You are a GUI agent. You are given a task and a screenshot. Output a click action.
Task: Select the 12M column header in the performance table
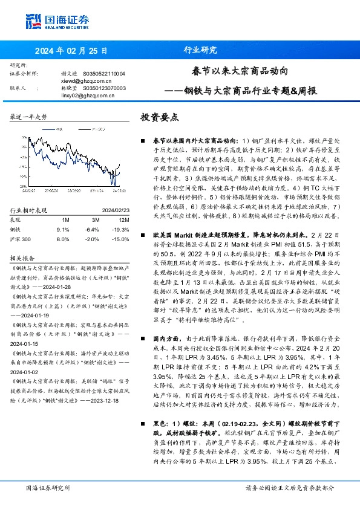[123, 220]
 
